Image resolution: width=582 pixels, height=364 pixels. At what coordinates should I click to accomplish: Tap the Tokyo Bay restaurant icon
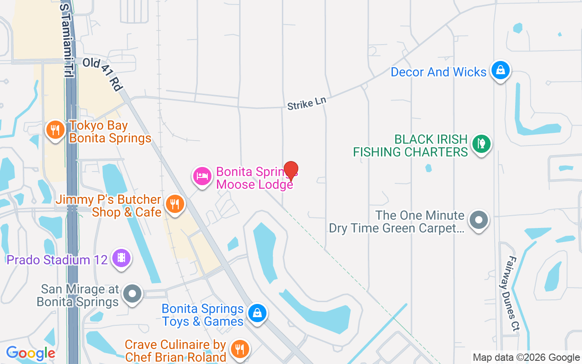pos(55,130)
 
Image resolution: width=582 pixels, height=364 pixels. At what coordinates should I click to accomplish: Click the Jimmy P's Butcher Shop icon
pos(174,203)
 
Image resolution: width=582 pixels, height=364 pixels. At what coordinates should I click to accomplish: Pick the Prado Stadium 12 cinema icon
pos(121,258)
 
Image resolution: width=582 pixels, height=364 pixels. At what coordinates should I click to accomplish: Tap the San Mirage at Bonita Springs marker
pos(132,293)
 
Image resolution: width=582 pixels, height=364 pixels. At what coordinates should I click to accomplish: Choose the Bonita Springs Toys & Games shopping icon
pos(257,313)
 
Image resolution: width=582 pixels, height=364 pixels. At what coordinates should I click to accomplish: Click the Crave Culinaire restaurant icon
pos(239,349)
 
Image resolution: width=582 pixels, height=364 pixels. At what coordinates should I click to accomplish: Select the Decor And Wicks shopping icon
pos(500,71)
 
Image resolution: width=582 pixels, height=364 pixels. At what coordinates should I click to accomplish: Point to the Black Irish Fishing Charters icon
pos(481,144)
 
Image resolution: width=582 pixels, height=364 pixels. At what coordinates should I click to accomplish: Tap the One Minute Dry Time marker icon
pos(478,220)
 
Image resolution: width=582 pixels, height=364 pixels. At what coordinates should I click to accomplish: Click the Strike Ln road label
pos(307,103)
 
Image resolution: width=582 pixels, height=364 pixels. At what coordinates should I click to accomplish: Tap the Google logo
pos(30,353)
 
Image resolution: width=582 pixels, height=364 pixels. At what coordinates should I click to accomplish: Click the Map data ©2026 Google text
pos(526,358)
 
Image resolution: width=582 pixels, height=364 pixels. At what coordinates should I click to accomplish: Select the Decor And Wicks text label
pos(439,72)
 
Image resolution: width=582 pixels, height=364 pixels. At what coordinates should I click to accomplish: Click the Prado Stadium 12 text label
pos(57,260)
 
